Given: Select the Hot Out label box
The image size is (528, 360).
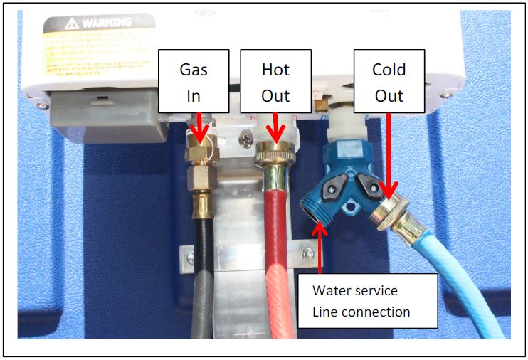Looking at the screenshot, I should (x=275, y=81).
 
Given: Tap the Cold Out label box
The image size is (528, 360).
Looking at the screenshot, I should (x=389, y=81).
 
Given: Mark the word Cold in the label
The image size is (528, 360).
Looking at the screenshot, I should (x=389, y=70).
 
